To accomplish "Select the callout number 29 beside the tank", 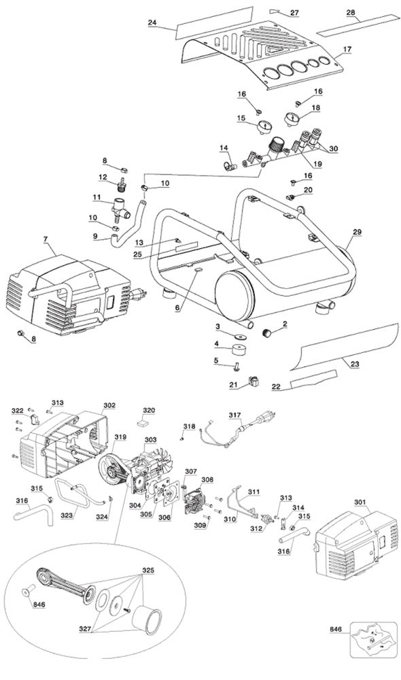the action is tap(357, 232).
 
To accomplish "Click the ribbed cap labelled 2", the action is tap(270, 333).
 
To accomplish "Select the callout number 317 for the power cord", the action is tap(235, 415).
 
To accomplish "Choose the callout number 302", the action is tap(109, 405).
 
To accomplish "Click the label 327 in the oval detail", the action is tap(86, 628).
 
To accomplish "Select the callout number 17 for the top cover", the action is tap(347, 49).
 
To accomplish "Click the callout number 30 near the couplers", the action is tap(333, 149).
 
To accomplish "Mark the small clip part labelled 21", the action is tap(254, 382).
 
